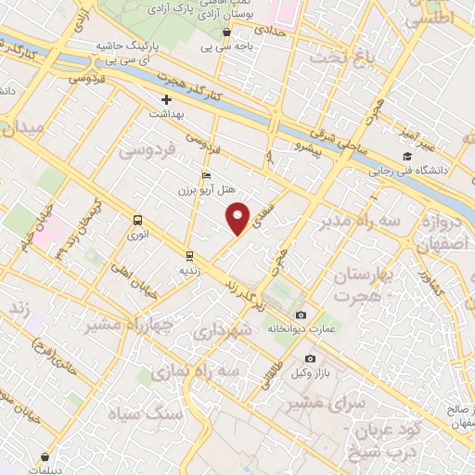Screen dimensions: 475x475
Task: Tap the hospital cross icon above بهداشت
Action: tap(167, 99)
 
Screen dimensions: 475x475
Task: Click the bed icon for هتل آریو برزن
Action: tap(206, 176)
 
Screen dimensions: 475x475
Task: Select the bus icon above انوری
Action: tap(138, 221)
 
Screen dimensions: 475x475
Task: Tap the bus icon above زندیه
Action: tap(189, 255)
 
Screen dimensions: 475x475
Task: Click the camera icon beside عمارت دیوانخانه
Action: tap(300, 315)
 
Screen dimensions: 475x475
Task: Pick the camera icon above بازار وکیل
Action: tap(310, 359)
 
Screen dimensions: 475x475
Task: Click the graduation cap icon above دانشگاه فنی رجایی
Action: tap(406, 157)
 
